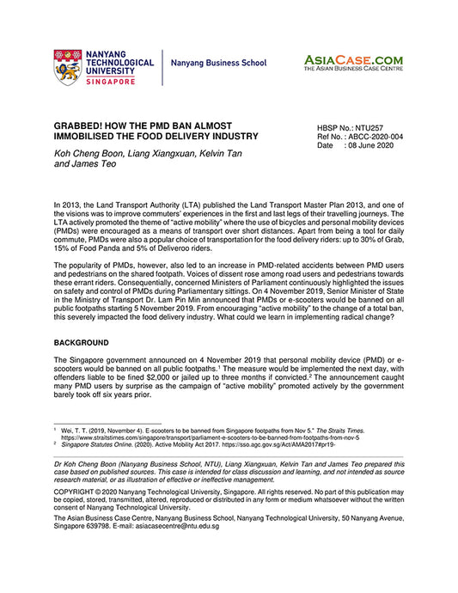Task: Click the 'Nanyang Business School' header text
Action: [218, 64]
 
